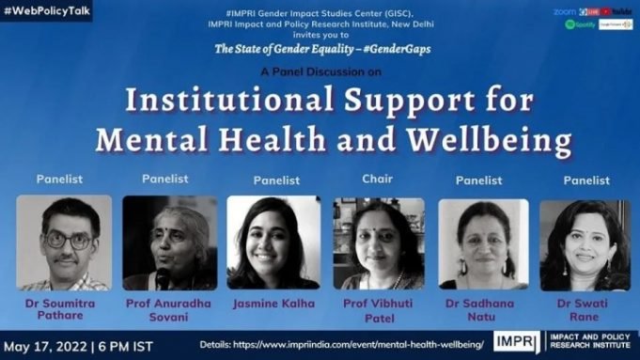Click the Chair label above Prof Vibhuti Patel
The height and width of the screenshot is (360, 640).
(377, 179)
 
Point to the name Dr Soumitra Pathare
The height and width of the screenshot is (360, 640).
(63, 310)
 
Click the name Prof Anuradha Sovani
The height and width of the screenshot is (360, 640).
(169, 310)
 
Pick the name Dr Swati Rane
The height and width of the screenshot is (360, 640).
(585, 310)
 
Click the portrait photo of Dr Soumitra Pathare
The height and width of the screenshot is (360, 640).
(63, 243)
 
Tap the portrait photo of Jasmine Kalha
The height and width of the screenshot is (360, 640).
(273, 243)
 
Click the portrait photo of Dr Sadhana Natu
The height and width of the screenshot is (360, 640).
(483, 243)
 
